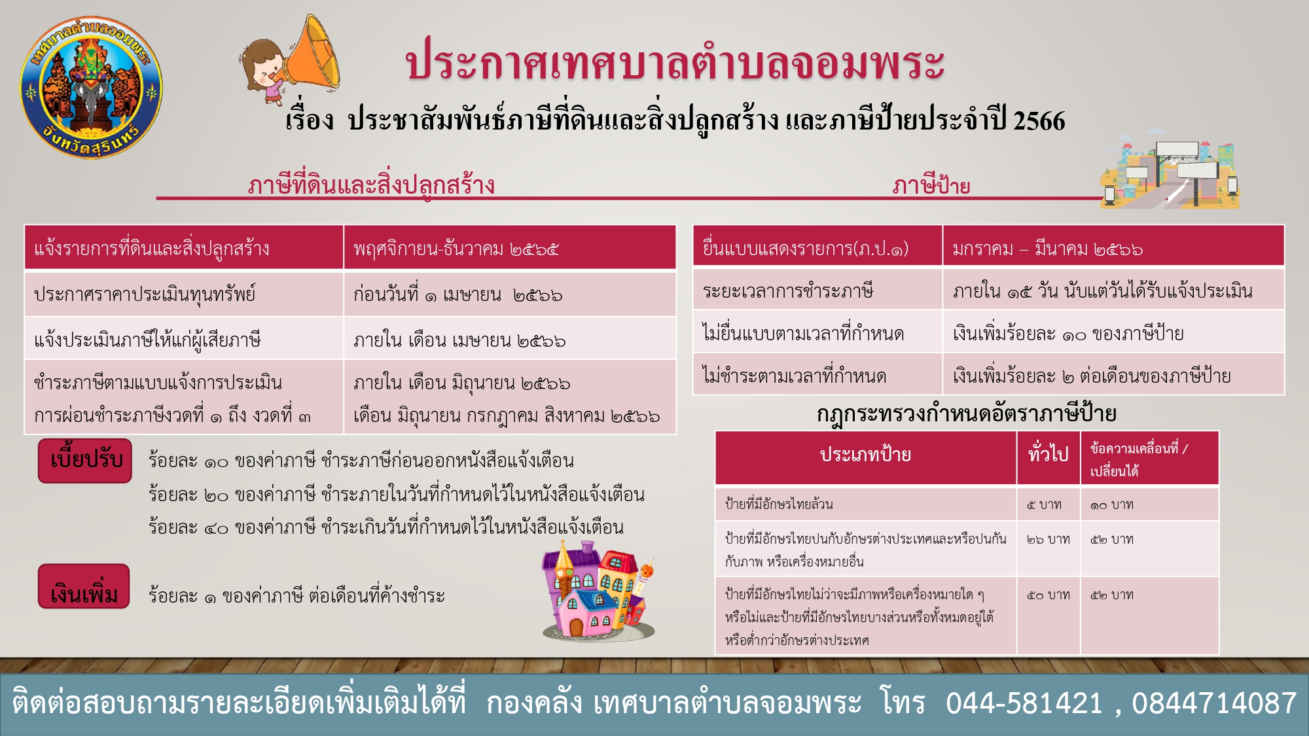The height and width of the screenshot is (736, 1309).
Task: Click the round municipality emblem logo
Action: click(91, 88)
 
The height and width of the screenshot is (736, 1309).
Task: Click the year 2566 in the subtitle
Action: click(1039, 121)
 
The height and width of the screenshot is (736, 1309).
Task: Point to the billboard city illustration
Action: click(1170, 175)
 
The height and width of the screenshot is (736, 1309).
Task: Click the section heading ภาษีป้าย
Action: click(931, 186)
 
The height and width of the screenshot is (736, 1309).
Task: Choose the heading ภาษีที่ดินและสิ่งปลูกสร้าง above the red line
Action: click(371, 185)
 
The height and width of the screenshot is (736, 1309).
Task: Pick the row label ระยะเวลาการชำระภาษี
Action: click(788, 290)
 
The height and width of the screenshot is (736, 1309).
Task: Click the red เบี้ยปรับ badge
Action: click(85, 461)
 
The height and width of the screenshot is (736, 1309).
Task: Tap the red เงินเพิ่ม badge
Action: click(84, 587)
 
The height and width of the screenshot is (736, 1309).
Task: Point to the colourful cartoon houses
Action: click(598, 590)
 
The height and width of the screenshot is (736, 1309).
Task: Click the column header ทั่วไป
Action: click(1048, 454)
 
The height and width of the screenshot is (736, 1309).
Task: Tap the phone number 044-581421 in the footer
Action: click(1024, 703)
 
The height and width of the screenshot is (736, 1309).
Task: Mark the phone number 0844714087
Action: click(1214, 703)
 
